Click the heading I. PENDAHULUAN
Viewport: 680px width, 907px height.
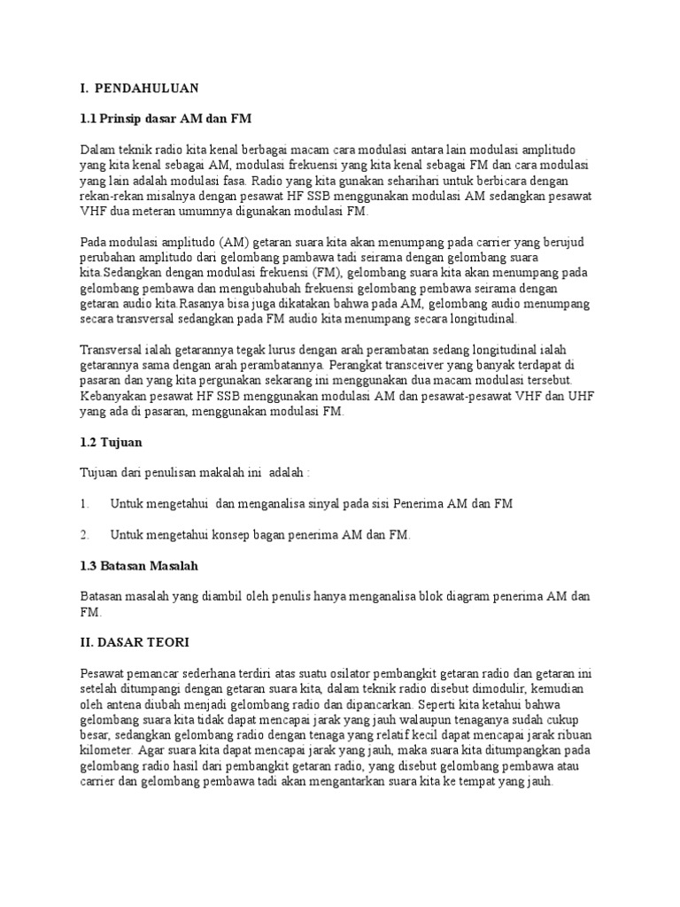click(x=140, y=88)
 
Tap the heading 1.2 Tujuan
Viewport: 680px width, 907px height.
click(x=111, y=441)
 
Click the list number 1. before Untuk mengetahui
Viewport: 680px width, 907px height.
click(x=85, y=504)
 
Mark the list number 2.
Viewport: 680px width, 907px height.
click(x=85, y=535)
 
